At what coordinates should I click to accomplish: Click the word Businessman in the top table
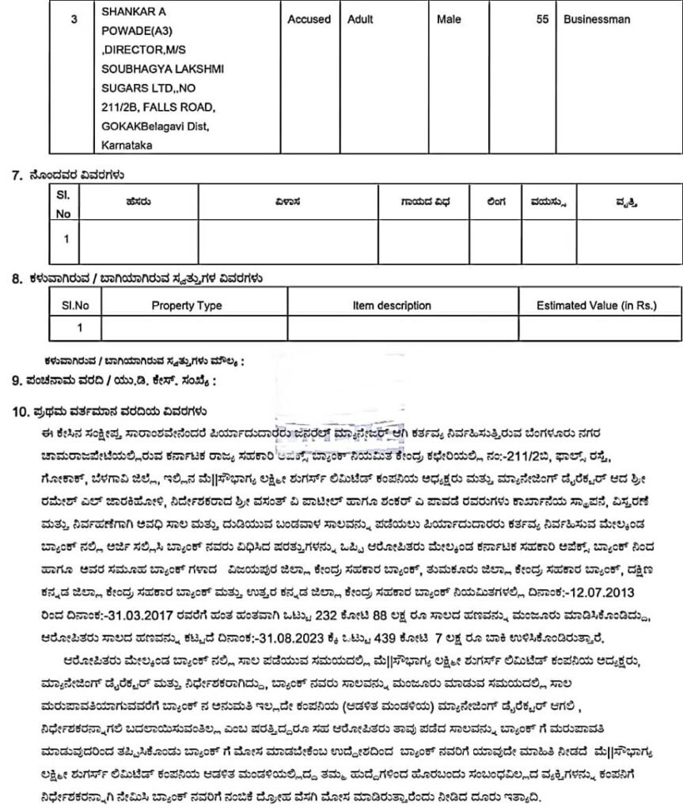(597, 19)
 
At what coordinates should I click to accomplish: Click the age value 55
(542, 19)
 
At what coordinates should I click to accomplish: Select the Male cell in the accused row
(449, 19)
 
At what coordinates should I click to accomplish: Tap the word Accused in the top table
(309, 19)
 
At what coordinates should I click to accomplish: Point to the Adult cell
(360, 19)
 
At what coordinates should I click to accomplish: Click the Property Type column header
(187, 305)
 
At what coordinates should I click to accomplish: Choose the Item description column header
(392, 305)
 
